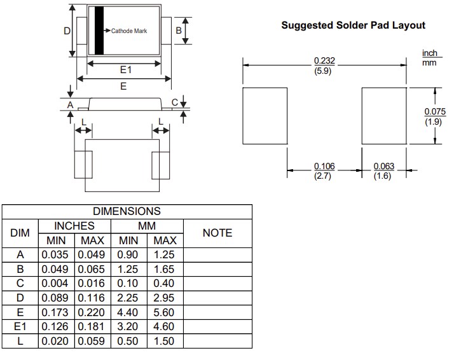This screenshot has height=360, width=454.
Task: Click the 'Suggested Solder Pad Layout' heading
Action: [x=353, y=25]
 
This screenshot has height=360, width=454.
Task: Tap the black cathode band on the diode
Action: [x=99, y=31]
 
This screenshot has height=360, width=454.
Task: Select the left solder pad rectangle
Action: [x=266, y=117]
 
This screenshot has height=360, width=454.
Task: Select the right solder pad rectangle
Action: [x=384, y=117]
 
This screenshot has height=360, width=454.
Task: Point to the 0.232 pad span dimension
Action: [x=324, y=60]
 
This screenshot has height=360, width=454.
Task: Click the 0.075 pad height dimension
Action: [x=435, y=112]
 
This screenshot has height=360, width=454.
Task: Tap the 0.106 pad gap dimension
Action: [x=324, y=167]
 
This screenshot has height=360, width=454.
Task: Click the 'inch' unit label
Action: [x=430, y=53]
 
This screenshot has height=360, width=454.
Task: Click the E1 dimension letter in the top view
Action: [x=125, y=71]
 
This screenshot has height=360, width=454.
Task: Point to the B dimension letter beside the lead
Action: [x=179, y=30]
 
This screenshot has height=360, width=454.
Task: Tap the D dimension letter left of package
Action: [x=67, y=31]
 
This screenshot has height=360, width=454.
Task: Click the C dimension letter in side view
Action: [x=175, y=102]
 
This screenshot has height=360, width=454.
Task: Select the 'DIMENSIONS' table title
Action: [x=127, y=211]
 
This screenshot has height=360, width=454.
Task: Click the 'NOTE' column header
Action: [x=217, y=233]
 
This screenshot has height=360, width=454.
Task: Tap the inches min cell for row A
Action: [x=57, y=255]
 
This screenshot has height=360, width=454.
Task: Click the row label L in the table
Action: [x=20, y=342]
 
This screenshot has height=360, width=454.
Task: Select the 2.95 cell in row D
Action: [x=164, y=298]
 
